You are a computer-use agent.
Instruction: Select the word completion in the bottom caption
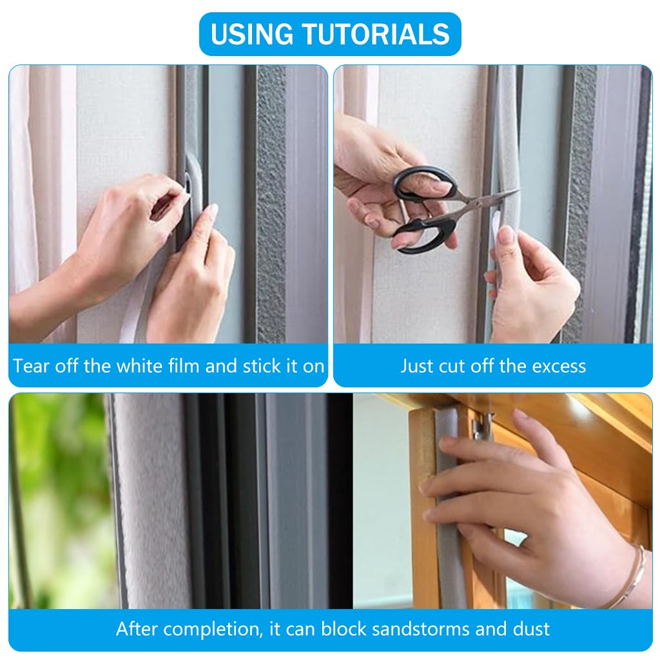pyautogui.click(x=211, y=630)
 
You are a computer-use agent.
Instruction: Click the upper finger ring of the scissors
pyautogui.click(x=425, y=184)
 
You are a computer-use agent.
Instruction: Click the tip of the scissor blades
pyautogui.click(x=519, y=190)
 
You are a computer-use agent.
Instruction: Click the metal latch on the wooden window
pyautogui.click(x=481, y=426)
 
